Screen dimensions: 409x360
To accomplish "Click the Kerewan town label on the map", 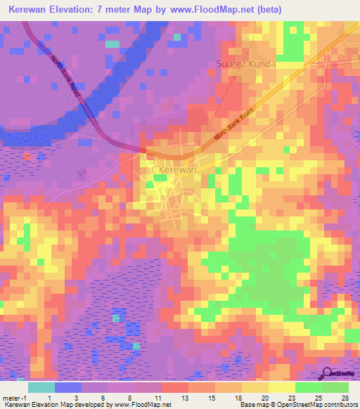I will pos(172,170).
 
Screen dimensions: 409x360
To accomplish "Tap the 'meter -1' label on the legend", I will pos(15,397).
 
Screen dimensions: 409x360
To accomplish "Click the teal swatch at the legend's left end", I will pos(41,387).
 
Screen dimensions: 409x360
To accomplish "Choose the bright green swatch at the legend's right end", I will pos(335,387).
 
